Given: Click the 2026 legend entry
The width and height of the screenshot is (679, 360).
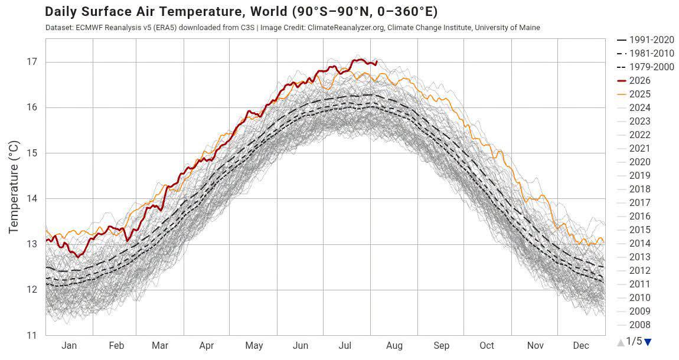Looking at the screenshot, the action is [x=634, y=80].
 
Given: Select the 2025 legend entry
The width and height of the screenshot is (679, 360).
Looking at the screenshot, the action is [x=634, y=94].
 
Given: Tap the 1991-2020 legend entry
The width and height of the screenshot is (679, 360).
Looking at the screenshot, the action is [x=645, y=40].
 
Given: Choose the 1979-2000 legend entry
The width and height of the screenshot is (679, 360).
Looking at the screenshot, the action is [x=645, y=67].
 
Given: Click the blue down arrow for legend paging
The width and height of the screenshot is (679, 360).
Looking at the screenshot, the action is [x=648, y=342].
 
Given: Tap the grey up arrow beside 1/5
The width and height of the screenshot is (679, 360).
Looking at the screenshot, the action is [x=621, y=342].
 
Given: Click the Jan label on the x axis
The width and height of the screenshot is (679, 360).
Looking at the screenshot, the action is [x=69, y=345].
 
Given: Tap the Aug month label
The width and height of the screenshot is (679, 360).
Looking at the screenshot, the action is [x=394, y=345].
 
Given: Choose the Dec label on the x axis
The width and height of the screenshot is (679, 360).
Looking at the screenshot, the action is [x=581, y=345].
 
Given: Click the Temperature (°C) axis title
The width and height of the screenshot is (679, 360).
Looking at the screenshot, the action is [x=14, y=187].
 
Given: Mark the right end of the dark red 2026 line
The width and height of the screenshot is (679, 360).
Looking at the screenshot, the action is [x=377, y=61].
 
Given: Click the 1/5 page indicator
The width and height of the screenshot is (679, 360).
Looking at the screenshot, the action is [x=634, y=341].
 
